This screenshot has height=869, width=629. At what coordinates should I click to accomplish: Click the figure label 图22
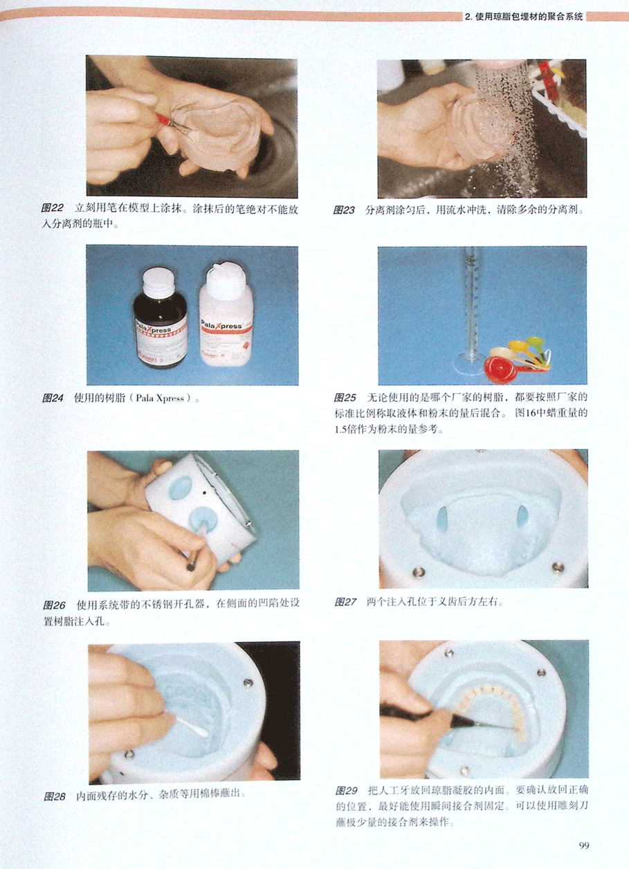click(52, 208)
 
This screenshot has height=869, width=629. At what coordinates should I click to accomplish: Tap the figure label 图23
click(344, 210)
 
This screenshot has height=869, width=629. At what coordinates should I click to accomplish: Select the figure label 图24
click(53, 398)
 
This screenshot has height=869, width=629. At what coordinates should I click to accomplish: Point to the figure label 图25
click(345, 398)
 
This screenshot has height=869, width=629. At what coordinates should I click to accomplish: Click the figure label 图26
click(54, 605)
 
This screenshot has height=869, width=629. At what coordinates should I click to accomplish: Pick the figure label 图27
click(345, 602)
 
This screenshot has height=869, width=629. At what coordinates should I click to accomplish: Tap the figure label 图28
click(55, 796)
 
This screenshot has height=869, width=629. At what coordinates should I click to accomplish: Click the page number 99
click(584, 845)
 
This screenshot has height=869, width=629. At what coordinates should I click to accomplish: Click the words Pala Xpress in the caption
click(159, 398)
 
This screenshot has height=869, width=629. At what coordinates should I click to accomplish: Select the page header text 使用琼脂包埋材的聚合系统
click(529, 17)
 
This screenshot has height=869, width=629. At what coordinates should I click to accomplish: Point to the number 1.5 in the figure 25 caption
click(340, 430)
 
